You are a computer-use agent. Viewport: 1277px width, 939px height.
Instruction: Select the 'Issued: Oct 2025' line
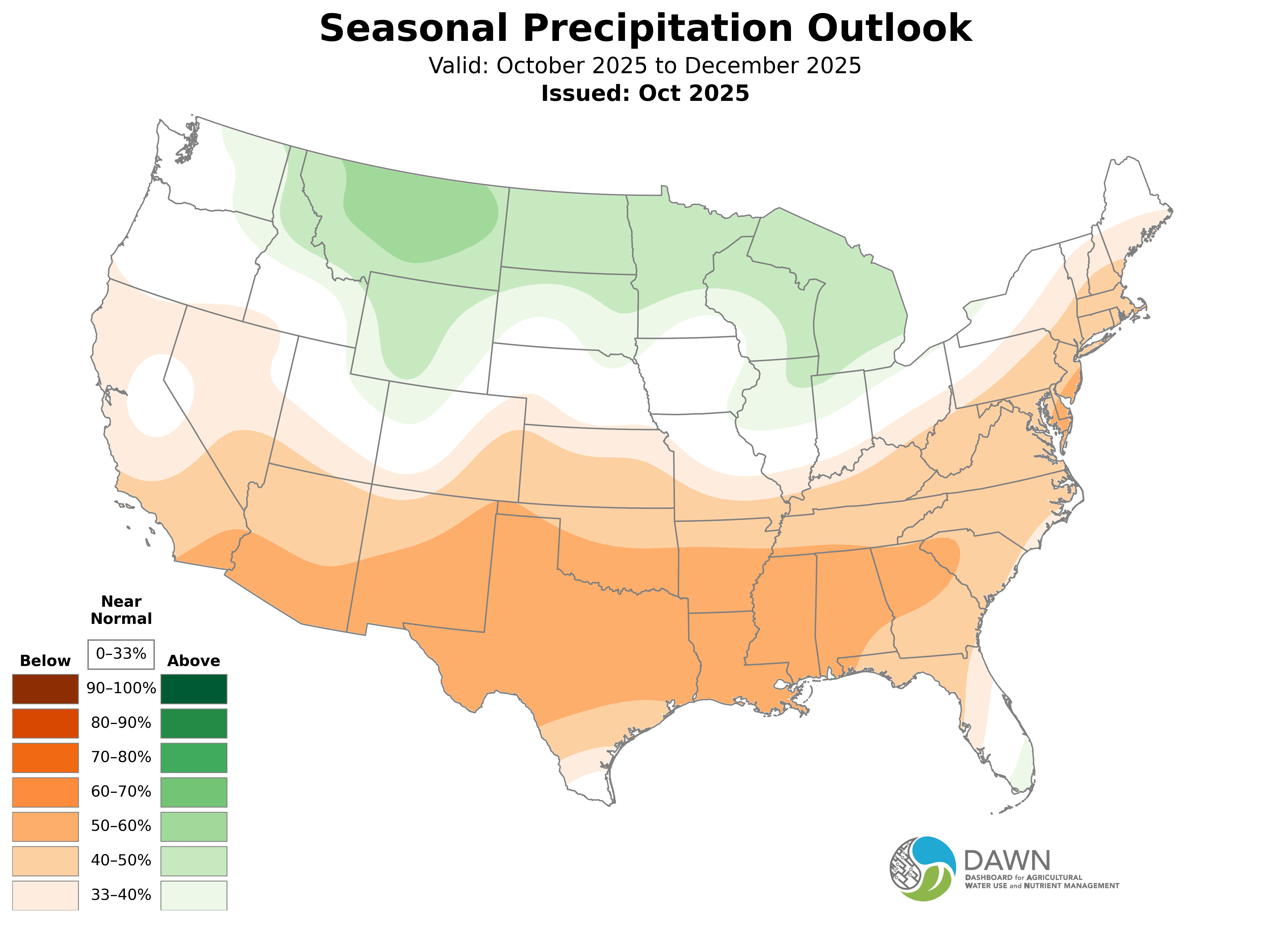[x=645, y=93]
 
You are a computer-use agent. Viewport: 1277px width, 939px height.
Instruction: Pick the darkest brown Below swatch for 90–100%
[x=46, y=689]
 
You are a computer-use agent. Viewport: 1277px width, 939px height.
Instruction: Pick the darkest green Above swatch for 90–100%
[x=194, y=689]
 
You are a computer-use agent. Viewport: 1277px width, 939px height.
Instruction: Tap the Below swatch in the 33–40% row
[x=46, y=895]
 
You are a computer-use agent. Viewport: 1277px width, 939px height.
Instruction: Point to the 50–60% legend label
[x=121, y=826]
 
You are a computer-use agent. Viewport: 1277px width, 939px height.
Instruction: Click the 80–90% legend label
[x=121, y=723]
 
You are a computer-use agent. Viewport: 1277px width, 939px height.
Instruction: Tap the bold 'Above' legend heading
[x=194, y=661]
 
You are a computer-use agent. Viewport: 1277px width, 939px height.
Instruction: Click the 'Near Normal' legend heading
[x=121, y=610]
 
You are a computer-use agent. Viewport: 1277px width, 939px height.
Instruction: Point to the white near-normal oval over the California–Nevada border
[x=161, y=395]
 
